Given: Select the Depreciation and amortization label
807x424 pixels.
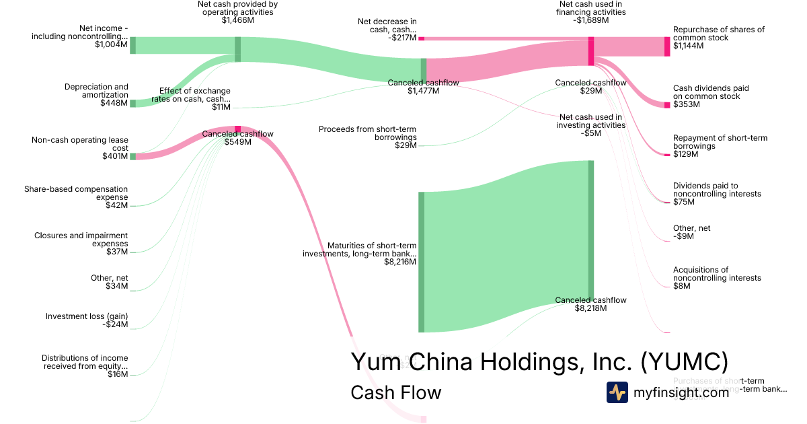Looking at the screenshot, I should [96, 91].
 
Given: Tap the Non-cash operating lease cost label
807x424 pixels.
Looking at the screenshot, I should [80, 144].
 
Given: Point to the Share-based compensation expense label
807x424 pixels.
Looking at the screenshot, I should [76, 193].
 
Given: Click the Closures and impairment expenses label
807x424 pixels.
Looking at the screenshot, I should [81, 240].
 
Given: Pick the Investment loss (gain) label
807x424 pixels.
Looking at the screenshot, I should [87, 316].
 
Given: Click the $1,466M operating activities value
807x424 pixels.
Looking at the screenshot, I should [238, 20].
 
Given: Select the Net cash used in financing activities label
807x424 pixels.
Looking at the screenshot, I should [592, 8].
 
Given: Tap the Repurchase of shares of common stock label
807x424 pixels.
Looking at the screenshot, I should [719, 34].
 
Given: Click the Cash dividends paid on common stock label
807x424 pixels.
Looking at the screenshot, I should [711, 92].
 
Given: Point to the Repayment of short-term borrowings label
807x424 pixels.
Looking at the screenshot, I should [720, 142].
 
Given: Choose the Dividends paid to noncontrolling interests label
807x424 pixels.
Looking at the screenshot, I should [717, 190].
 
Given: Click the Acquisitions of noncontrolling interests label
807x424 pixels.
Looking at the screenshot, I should [717, 274].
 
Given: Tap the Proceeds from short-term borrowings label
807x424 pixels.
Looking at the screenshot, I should [368, 133].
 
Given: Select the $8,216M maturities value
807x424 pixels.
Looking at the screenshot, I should [399, 262].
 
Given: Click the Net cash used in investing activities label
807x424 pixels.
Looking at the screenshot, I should [590, 120].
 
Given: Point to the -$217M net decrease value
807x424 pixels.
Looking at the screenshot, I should [402, 38].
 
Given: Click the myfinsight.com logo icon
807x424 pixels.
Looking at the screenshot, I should [617, 392].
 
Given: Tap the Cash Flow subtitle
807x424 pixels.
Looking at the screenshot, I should [396, 392].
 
